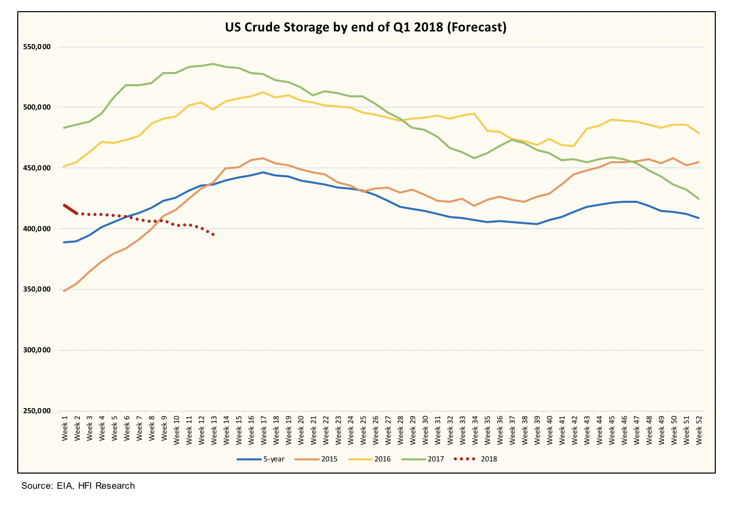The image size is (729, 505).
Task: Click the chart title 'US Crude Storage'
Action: point(366,27)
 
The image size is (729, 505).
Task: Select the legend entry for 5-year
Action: point(261,459)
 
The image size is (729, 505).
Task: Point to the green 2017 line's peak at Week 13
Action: point(214,64)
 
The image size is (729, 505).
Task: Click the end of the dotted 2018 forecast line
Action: point(214,234)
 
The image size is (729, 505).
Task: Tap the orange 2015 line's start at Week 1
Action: point(64,291)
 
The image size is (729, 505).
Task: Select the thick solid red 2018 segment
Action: point(70,209)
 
